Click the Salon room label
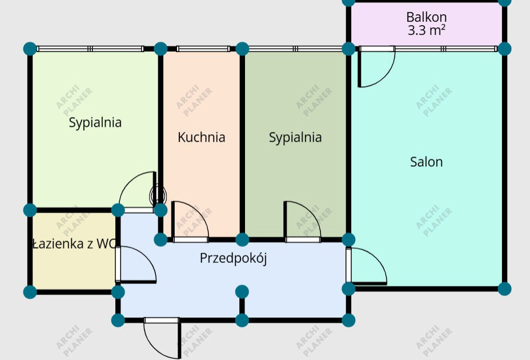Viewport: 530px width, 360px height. [426, 162]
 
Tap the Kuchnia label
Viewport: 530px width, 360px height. [201, 137]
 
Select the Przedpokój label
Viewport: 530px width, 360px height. [233, 258]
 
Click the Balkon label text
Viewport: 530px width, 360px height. [426, 17]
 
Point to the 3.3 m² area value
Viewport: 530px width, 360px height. [426, 31]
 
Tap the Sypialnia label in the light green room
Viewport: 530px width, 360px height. [95, 122]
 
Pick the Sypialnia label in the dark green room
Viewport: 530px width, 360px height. [295, 137]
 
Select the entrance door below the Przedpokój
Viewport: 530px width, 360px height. [162, 338]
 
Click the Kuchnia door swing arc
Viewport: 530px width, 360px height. [191, 221]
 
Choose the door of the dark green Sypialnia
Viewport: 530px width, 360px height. [303, 221]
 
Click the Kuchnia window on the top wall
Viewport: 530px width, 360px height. [203, 49]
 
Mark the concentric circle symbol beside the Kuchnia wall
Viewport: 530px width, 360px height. [158, 196]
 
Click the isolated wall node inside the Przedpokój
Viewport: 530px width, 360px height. [242, 292]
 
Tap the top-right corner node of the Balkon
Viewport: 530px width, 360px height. [504, 2]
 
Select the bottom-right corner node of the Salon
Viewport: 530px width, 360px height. [504, 288]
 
